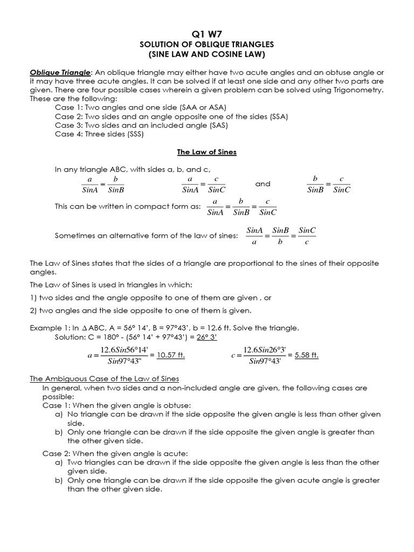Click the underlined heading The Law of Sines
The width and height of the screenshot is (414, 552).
[206, 153]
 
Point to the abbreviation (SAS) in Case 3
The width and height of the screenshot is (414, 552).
[217, 125]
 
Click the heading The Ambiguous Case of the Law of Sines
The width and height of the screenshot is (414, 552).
[104, 379]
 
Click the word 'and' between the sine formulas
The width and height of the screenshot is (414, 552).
[263, 184]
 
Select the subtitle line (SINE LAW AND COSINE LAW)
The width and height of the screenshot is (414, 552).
[206, 54]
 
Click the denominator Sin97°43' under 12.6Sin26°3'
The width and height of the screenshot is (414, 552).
[265, 361]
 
